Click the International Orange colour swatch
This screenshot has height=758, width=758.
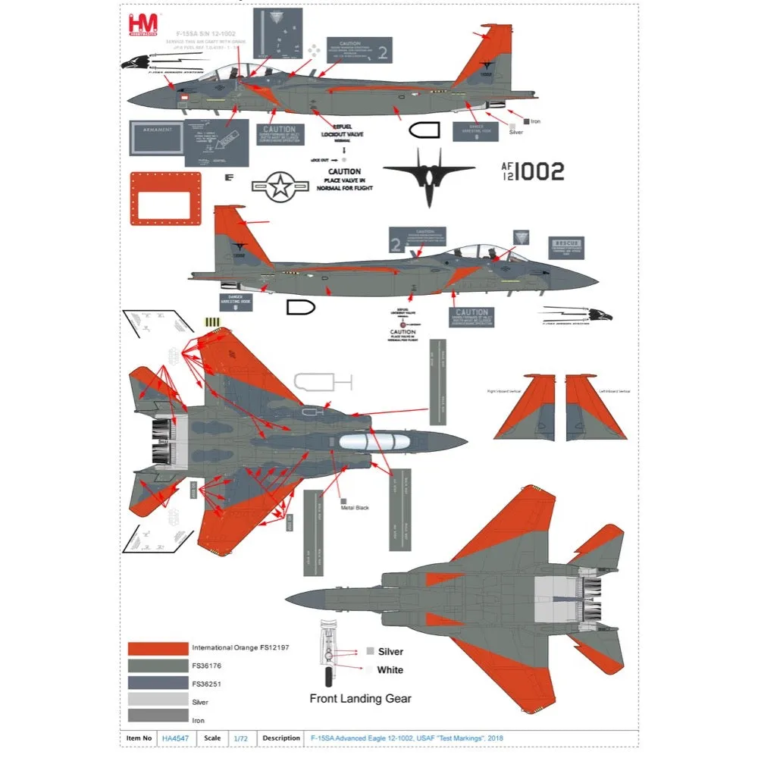[158, 649]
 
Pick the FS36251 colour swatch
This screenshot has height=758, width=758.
[158, 682]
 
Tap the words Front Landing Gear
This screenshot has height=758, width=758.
[360, 698]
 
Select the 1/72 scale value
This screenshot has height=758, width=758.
[240, 738]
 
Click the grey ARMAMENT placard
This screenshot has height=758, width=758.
[157, 137]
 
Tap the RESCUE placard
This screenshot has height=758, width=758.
[566, 247]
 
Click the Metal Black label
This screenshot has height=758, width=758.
[355, 507]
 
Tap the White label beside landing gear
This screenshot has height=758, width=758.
[390, 670]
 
